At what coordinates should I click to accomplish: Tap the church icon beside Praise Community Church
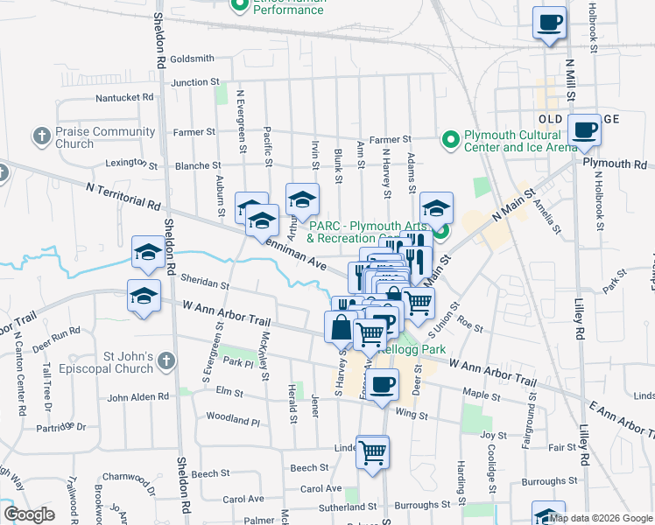[40, 136]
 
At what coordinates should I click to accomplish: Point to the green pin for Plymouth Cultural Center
[450, 139]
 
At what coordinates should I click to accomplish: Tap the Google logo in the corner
[29, 514]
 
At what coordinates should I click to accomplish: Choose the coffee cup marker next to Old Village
[584, 131]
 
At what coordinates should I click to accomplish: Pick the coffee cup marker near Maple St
[381, 384]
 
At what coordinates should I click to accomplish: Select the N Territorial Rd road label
[123, 195]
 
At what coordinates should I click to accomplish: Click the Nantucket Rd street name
[124, 97]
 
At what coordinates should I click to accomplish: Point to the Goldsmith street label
[193, 59]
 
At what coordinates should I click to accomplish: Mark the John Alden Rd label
[137, 397]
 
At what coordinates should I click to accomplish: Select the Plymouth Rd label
[614, 164]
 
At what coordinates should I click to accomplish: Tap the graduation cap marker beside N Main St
[436, 209]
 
